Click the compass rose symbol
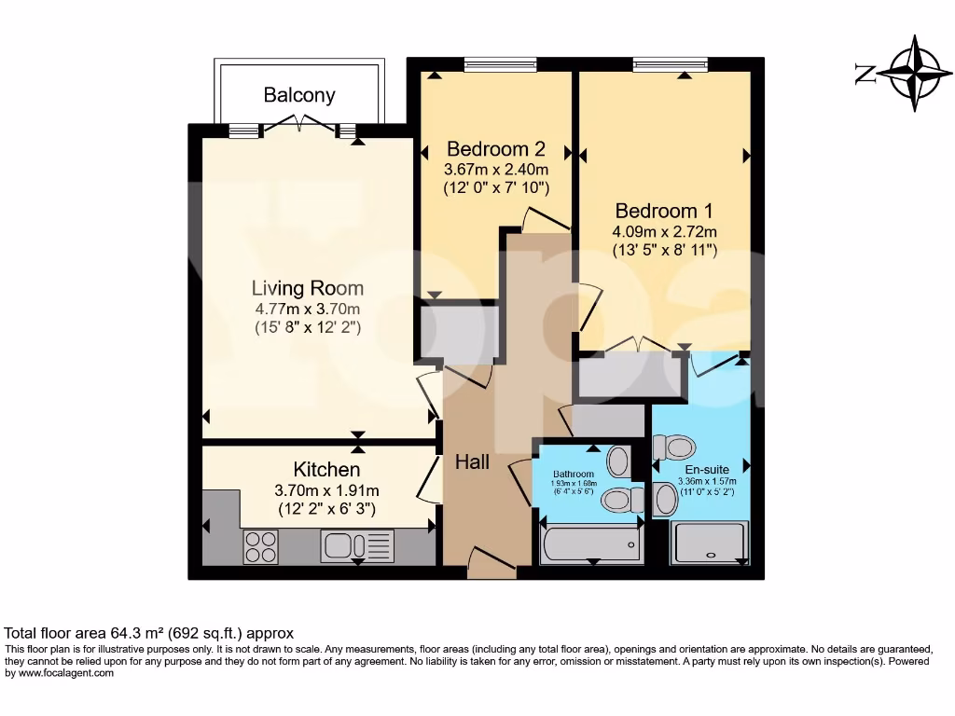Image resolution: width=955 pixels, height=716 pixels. (914, 74)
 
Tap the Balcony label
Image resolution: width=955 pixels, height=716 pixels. (298, 95)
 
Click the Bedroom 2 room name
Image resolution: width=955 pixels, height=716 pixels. (495, 149)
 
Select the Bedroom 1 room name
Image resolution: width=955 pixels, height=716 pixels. (662, 211)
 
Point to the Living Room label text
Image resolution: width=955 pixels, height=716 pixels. (308, 288)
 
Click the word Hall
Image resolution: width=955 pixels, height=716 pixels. (472, 461)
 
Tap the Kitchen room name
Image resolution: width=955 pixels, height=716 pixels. (326, 469)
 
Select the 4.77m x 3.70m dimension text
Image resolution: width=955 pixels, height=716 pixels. (308, 309)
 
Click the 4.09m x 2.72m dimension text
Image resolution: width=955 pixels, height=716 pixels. (664, 231)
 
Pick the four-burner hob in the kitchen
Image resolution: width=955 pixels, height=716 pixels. (260, 545)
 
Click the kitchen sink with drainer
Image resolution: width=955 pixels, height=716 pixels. (357, 544)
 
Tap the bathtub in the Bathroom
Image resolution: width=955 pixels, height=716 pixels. (591, 544)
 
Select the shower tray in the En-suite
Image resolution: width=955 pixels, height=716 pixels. (711, 543)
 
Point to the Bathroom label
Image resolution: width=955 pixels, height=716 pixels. (573, 475)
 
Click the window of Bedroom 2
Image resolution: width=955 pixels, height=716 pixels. (500, 64)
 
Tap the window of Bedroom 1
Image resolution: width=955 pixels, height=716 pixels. (669, 64)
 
